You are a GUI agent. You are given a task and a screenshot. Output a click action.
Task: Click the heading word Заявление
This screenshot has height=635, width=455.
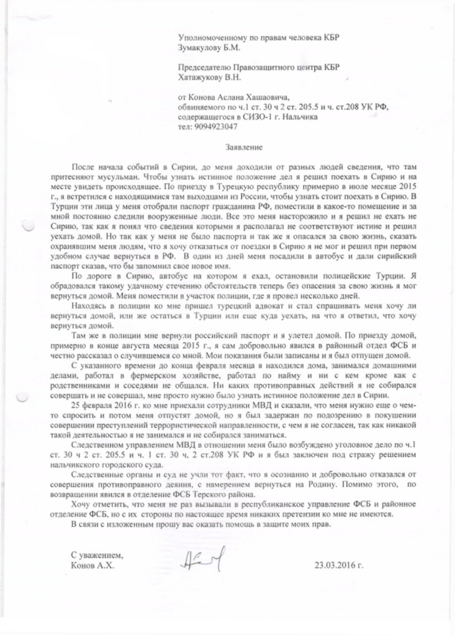click(x=244, y=149)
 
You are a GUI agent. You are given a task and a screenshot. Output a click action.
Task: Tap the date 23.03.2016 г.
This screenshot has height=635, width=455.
click(x=338, y=566)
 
